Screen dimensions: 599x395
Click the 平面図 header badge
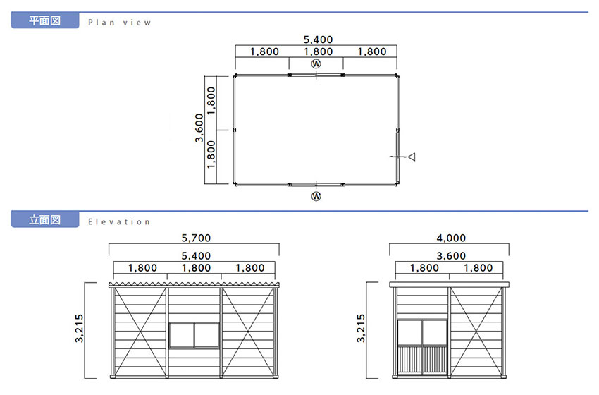45,20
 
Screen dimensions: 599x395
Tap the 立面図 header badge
45,220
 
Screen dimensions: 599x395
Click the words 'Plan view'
120,23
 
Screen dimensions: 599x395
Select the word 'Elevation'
119,221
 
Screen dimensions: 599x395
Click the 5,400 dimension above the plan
318,39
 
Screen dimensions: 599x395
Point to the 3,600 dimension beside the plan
199,128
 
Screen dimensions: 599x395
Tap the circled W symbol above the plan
316,64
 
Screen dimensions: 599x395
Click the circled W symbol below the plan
316,196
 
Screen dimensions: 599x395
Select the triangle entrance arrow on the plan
412,157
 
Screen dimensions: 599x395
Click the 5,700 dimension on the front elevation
196,238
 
